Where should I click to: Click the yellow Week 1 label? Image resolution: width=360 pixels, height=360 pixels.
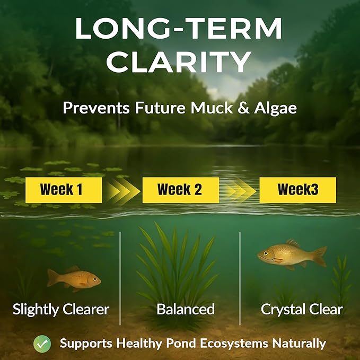[x=64, y=190]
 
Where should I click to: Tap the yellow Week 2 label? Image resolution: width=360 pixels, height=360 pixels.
[x=180, y=190]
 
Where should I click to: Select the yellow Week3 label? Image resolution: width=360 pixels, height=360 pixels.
[x=297, y=190]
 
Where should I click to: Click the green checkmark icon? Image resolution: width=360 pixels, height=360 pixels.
[x=42, y=343]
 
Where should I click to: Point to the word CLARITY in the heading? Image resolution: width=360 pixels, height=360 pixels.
[x=180, y=62]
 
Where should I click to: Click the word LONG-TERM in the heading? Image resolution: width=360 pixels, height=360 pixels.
[x=180, y=30]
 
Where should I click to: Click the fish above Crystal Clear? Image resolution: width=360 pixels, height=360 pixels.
[x=292, y=254]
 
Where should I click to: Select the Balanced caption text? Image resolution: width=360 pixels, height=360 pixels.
[x=186, y=309]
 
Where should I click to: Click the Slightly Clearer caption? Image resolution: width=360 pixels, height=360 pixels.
[x=61, y=309]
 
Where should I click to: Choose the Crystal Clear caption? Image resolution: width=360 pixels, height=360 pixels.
[x=302, y=309]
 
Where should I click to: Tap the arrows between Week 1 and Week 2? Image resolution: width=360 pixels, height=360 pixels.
[x=122, y=190]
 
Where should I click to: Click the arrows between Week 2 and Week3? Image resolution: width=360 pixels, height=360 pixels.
[x=239, y=190]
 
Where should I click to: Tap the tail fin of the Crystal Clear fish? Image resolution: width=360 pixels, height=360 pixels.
[x=319, y=256]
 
